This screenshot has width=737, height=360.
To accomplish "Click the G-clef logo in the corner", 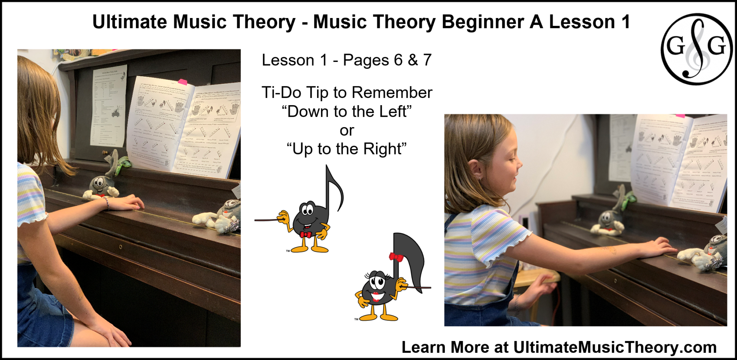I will coord(696,49).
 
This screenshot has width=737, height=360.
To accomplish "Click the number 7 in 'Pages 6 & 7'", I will coord(427,60).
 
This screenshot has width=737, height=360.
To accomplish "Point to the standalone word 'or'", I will coord(347,130).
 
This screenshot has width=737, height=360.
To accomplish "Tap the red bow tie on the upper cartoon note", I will coord(306,235).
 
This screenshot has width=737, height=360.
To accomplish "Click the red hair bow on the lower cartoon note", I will coord(396,257).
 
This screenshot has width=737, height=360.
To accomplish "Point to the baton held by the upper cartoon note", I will coord(266,219).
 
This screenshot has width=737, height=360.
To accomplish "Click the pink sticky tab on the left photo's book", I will coord(183,82).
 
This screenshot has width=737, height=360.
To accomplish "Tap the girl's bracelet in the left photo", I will coord(107,202).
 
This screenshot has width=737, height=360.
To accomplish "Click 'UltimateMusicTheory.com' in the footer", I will coord(615,347).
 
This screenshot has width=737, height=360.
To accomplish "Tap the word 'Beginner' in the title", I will coord(482,22).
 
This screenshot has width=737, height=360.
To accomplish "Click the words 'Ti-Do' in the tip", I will coord(281,93).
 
